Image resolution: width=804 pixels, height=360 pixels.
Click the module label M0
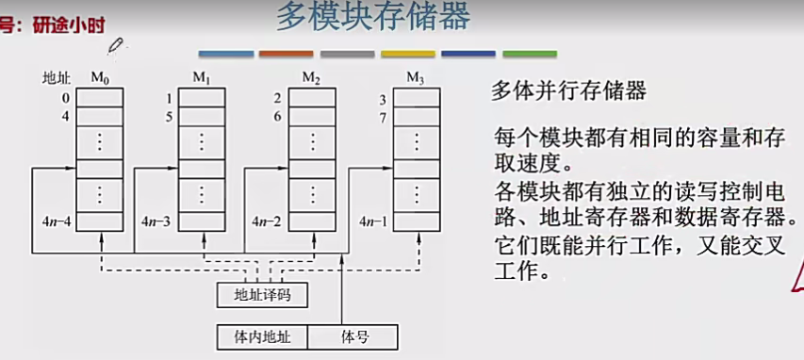pos(100,76)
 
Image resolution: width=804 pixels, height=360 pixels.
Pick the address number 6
pos(277,118)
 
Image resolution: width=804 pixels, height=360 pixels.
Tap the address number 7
pos(383,118)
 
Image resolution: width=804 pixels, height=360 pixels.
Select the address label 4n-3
pos(158,222)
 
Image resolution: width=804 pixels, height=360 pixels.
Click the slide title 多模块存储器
pos(373,18)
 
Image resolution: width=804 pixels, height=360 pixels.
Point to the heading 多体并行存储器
pos(568,91)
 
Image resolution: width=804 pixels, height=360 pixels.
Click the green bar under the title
pos(530,55)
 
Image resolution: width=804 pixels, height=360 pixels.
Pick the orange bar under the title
pos(286,55)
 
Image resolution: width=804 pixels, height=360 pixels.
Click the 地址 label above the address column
pos(57,77)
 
